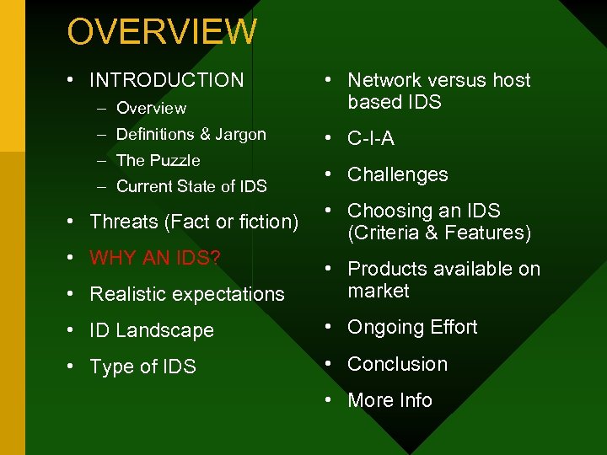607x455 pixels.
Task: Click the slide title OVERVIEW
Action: (162, 32)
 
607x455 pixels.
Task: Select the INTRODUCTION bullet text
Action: (166, 80)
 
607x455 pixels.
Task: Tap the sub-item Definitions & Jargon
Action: (191, 134)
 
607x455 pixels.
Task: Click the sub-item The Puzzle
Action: (158, 160)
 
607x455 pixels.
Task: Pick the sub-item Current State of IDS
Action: (191, 186)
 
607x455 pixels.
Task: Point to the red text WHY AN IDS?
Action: (155, 258)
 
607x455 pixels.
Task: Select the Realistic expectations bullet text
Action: (186, 294)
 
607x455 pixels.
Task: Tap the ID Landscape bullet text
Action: (151, 330)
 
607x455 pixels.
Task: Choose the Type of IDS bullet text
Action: (142, 367)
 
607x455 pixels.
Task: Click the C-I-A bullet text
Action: (371, 138)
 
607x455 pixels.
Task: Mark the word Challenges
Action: (397, 174)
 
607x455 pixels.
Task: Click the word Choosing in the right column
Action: (387, 211)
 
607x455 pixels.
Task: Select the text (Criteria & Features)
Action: (439, 233)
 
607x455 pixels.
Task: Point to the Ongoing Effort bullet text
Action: (412, 327)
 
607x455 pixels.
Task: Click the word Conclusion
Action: (397, 364)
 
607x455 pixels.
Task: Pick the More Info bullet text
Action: (389, 400)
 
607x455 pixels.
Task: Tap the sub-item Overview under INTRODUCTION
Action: (151, 108)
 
